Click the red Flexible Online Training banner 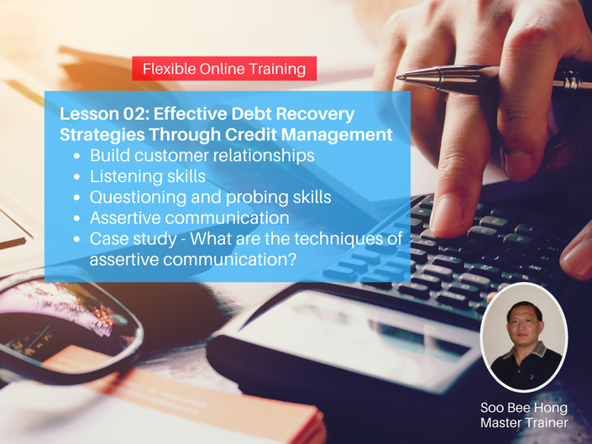tap(224, 68)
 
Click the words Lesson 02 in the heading tap(102, 113)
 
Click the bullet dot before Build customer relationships tap(77, 156)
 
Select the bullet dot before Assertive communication tap(77, 218)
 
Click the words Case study tap(134, 239)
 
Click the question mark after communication tap(291, 259)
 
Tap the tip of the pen tap(397, 77)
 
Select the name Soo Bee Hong tap(524, 407)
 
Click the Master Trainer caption tap(524, 422)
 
